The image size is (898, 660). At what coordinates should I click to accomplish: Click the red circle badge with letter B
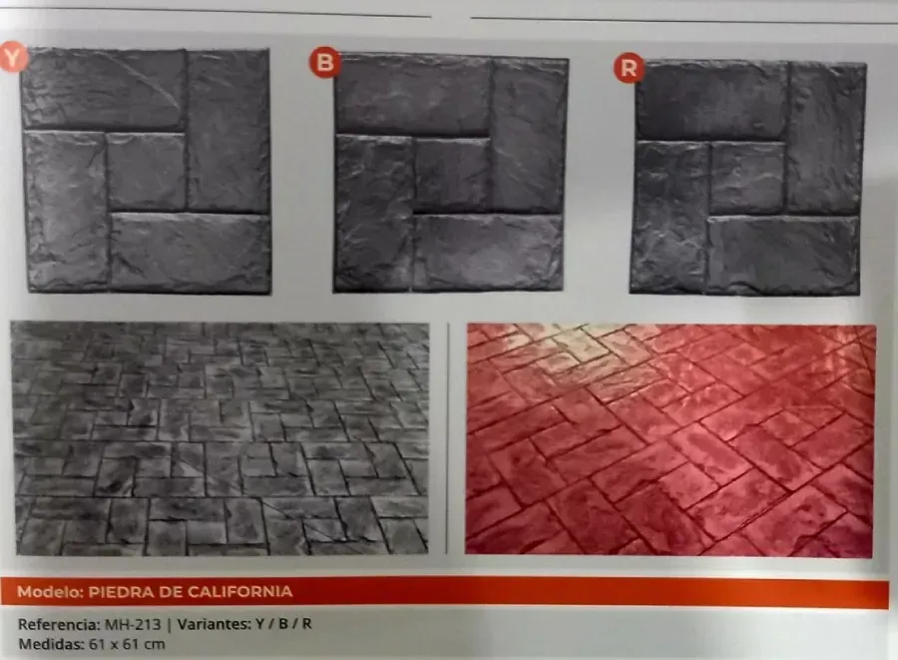324,62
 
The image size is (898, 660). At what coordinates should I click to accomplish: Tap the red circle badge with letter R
629,68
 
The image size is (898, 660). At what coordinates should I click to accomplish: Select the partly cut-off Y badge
13,57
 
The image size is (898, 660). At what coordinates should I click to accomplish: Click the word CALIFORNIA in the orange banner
239,591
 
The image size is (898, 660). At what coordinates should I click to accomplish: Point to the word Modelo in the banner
51,591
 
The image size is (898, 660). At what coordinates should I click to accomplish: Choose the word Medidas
51,644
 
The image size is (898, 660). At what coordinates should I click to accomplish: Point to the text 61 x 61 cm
127,644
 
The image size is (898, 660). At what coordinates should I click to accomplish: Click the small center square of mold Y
147,172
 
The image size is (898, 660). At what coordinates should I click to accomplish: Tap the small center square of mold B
452,176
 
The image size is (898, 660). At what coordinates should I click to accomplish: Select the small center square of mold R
748,178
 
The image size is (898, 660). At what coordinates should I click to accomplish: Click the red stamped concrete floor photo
670,439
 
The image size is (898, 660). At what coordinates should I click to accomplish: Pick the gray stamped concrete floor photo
221,438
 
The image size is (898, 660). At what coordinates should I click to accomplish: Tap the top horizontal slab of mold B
413,95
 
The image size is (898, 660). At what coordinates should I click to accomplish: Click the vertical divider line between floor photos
447,439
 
